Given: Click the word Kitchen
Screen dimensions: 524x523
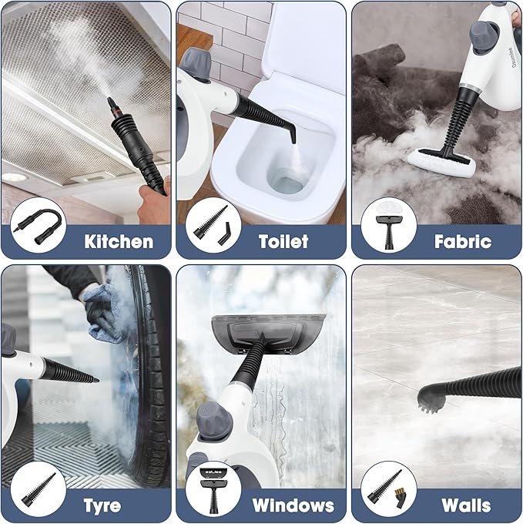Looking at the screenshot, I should click(119, 241).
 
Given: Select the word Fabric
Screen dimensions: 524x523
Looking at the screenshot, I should click(462, 241).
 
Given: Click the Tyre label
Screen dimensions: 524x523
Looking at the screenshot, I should click(102, 506).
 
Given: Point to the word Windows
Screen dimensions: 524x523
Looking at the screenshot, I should click(293, 506).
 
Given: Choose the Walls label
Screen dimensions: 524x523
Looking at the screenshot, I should click(466, 506).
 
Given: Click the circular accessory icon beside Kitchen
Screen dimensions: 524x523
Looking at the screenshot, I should click(39, 225).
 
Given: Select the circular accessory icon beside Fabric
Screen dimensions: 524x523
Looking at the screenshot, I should click(389, 226).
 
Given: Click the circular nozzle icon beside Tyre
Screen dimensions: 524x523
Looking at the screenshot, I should click(39, 489).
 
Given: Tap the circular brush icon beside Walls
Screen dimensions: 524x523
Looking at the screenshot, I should click(389, 489).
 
